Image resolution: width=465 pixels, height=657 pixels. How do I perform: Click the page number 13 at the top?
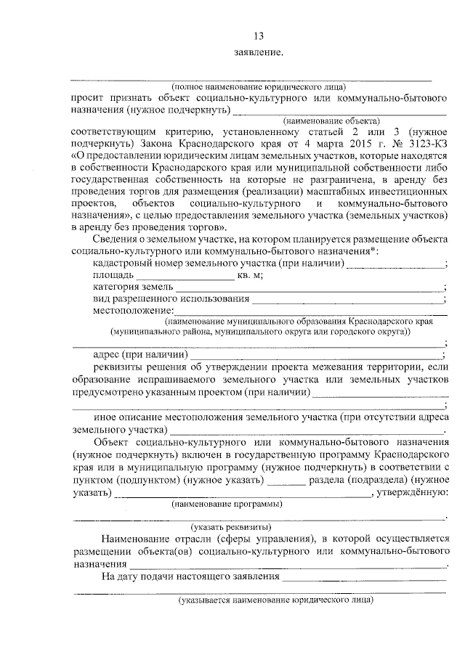tap(259, 36)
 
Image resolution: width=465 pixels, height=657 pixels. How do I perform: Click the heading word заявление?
tap(259, 53)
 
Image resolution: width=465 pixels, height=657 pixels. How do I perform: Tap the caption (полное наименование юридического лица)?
tap(254, 85)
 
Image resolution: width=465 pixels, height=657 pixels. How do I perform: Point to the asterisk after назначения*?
tap(244, 251)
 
